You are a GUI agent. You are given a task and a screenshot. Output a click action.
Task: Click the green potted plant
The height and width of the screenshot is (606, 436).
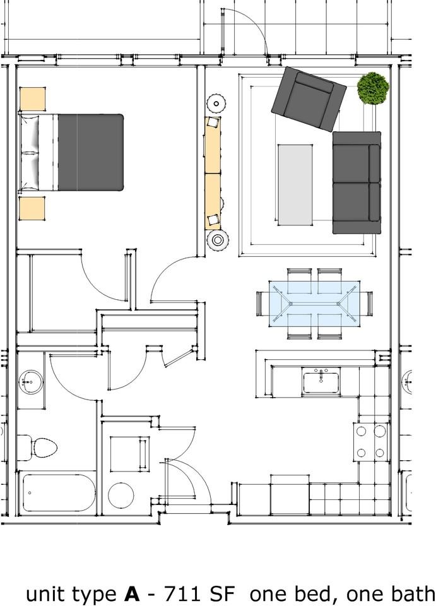(x=373, y=88)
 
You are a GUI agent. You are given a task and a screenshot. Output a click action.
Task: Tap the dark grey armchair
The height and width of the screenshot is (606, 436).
(x=309, y=99)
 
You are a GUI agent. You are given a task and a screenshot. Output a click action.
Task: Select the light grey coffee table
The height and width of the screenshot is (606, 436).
(x=295, y=184)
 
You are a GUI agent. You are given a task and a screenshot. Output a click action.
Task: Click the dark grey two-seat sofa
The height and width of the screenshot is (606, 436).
(x=356, y=182)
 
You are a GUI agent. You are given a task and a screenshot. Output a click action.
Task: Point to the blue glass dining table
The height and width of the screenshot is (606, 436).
(x=314, y=304)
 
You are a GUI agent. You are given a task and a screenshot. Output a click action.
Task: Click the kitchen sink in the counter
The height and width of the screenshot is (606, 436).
(x=321, y=382)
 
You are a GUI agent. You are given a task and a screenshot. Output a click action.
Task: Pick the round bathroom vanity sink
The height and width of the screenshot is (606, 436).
(x=30, y=381)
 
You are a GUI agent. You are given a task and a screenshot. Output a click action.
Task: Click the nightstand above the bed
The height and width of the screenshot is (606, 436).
(x=32, y=99)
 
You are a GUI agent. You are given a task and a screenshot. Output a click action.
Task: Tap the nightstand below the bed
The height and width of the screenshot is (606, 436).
(x=32, y=208)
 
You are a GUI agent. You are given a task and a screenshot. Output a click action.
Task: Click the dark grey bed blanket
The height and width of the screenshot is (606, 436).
(x=90, y=152)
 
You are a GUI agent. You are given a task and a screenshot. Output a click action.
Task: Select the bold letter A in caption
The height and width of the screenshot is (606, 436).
(x=131, y=594)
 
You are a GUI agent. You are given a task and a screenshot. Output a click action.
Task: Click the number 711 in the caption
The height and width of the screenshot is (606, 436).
(x=184, y=594)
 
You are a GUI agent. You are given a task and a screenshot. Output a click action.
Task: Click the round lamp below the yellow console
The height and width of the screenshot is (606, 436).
(x=218, y=240)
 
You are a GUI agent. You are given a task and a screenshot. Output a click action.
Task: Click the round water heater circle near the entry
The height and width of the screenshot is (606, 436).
(x=121, y=496)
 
